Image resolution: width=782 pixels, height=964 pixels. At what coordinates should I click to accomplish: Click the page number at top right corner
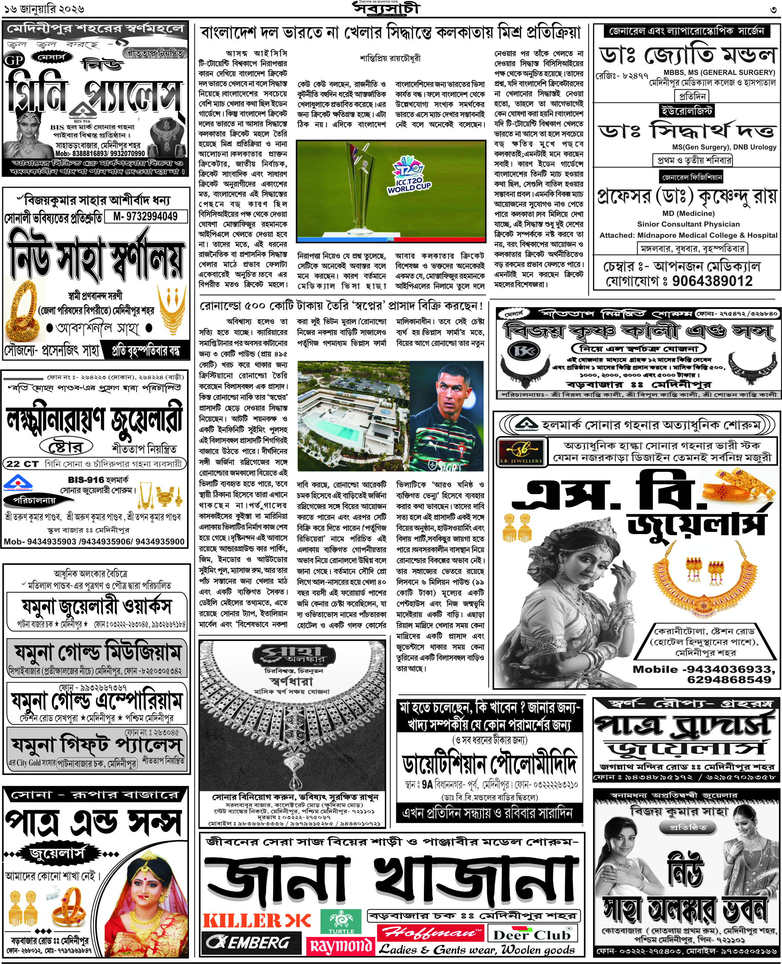tap(773, 9)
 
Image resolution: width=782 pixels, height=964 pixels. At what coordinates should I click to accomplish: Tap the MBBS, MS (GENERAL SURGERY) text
tap(719, 72)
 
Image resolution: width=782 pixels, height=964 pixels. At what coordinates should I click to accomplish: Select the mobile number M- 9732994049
tap(145, 217)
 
